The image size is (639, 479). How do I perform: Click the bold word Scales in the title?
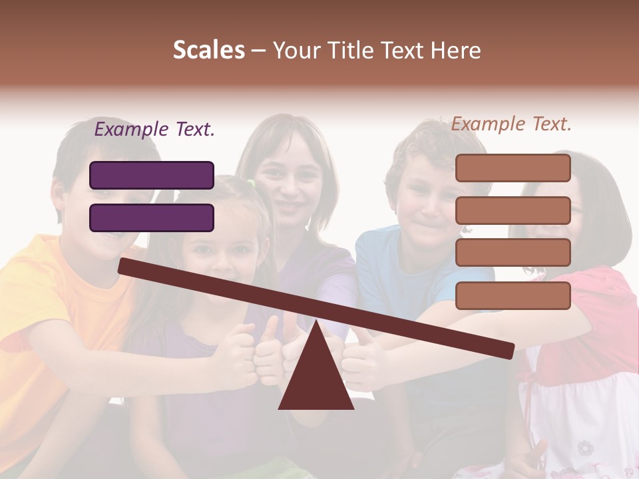[208, 51]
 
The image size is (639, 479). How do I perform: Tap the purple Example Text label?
[154, 130]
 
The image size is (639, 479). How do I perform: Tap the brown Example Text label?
[511, 124]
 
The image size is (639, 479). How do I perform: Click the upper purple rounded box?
[152, 175]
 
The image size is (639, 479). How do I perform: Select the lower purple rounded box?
[152, 218]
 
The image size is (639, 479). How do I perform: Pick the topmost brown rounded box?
[513, 168]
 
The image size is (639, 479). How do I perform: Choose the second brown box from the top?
[513, 210]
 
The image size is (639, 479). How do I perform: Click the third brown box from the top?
[513, 253]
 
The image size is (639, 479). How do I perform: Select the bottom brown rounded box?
[513, 295]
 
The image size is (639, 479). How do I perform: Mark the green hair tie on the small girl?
[251, 182]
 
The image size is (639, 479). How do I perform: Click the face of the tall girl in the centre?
[290, 183]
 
